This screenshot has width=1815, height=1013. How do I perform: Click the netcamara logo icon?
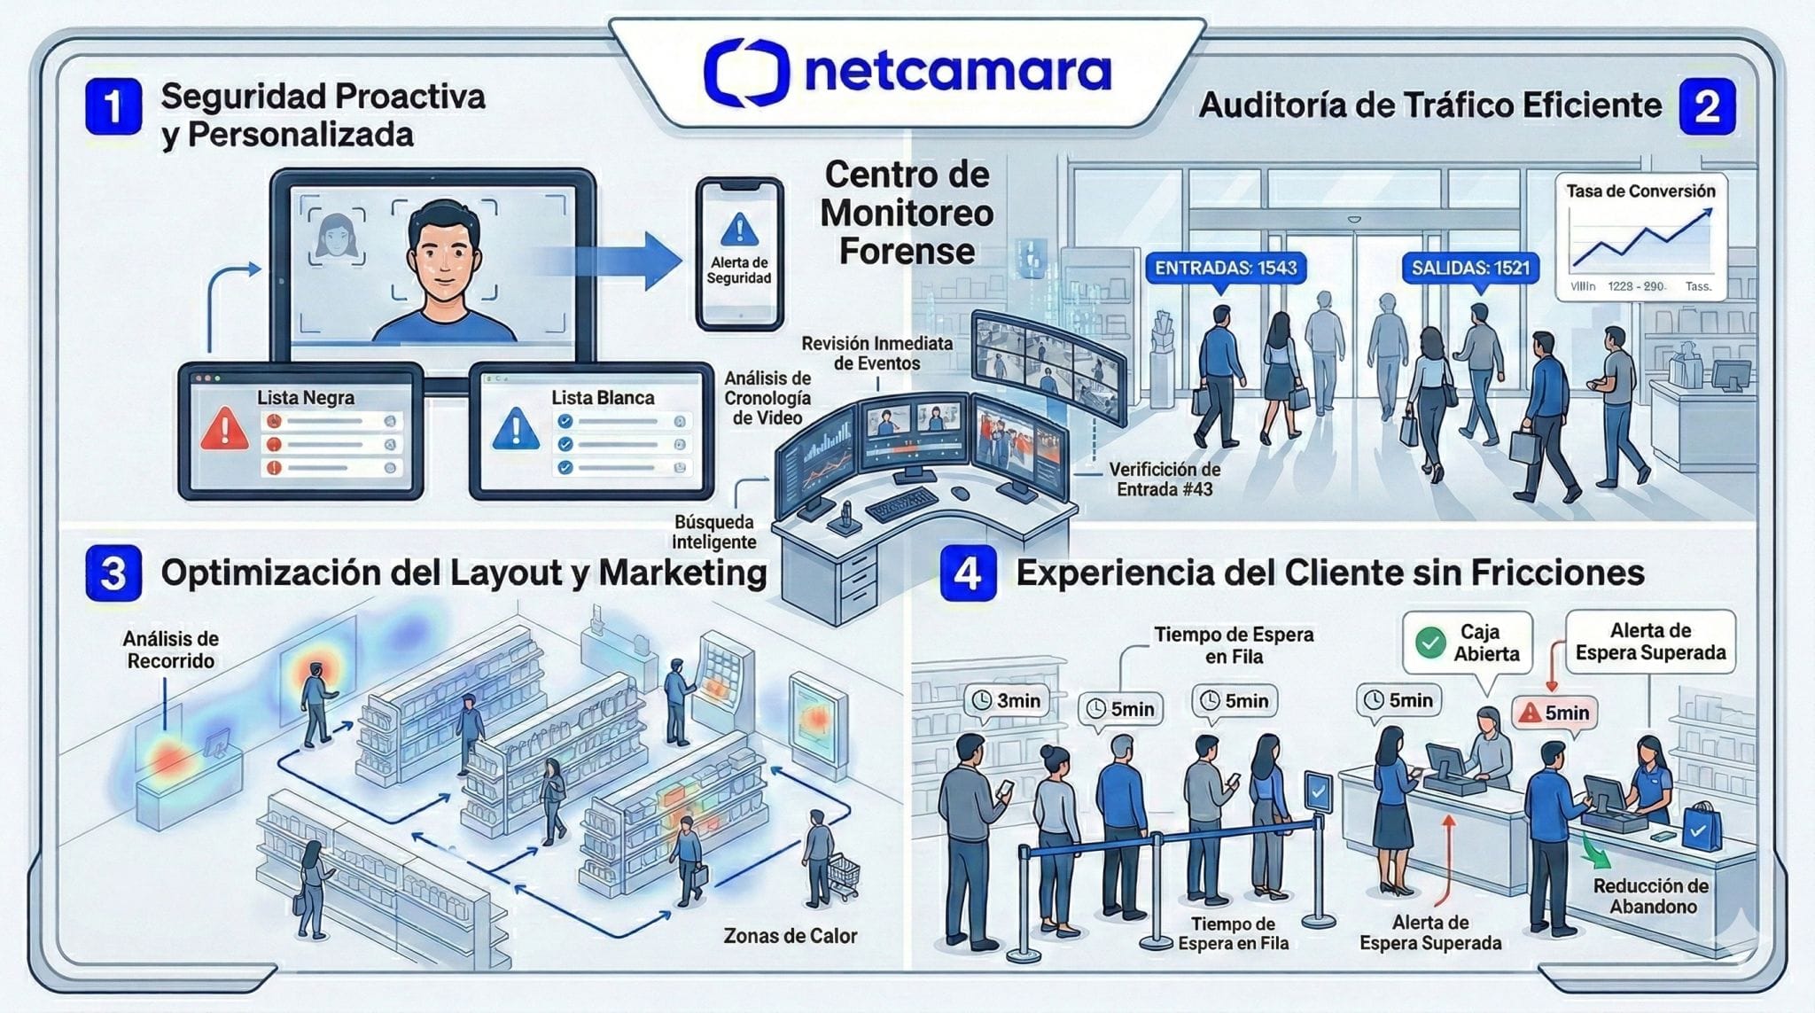pyautogui.click(x=746, y=71)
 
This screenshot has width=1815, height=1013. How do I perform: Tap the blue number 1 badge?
pyautogui.click(x=113, y=106)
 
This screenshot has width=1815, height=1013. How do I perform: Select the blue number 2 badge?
pyautogui.click(x=1707, y=106)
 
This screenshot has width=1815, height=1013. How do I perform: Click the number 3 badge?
pyautogui.click(x=113, y=573)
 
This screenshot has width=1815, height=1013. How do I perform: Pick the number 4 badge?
pyautogui.click(x=967, y=573)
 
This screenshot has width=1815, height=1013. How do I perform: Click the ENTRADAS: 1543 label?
pyautogui.click(x=1226, y=268)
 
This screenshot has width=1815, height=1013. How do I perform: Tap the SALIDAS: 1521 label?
pyautogui.click(x=1470, y=268)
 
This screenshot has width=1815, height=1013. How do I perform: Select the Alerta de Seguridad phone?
pyautogui.click(x=739, y=253)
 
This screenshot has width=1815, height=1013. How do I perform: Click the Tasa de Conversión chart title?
pyautogui.click(x=1640, y=191)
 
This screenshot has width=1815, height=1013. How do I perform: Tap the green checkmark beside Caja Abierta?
pyautogui.click(x=1430, y=643)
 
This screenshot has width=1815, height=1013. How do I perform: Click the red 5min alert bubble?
pyautogui.click(x=1554, y=713)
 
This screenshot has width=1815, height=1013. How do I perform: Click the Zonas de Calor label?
pyautogui.click(x=790, y=936)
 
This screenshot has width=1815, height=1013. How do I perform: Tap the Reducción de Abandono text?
pyautogui.click(x=1652, y=896)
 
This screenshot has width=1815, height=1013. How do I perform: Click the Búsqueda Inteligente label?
pyautogui.click(x=714, y=532)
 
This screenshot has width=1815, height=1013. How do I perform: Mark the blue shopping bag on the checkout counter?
pyautogui.click(x=1699, y=830)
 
